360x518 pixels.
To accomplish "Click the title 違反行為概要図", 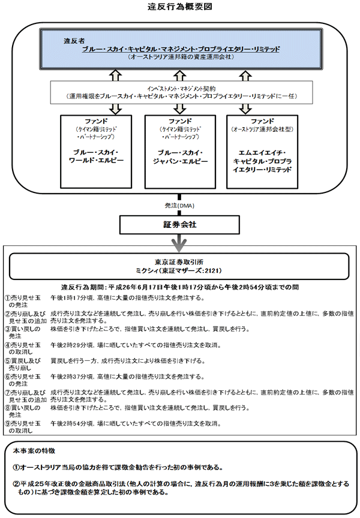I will click(179, 7).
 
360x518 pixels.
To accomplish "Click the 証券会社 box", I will click(180, 224).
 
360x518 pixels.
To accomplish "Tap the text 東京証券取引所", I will click(180, 263).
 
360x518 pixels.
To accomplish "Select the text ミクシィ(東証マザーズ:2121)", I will click(180, 271).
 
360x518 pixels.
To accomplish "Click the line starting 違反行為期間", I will click(180, 287).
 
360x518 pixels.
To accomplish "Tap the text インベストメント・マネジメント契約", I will click(179, 88).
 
